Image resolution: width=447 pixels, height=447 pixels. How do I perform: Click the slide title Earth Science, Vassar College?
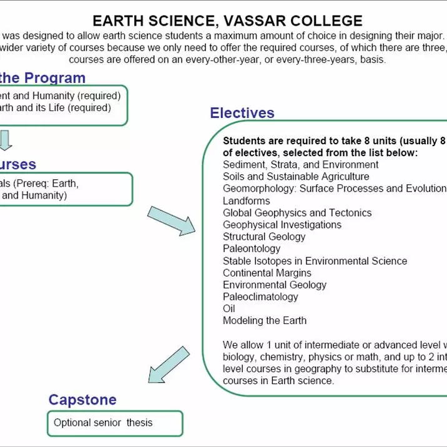[x=227, y=21]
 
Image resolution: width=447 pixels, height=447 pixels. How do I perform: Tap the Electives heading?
[x=242, y=113]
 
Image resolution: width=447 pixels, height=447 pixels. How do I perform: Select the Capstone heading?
[x=82, y=400]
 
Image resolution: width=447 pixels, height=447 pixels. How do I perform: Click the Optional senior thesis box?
[x=115, y=423]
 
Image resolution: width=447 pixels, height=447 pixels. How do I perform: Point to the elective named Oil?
[x=228, y=308]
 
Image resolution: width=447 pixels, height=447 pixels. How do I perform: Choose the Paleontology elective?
[x=252, y=248]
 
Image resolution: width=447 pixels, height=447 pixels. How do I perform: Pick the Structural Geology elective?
[x=264, y=237]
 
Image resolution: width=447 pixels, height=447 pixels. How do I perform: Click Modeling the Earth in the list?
[x=265, y=320]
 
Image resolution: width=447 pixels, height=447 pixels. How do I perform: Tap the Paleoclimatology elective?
[x=260, y=297]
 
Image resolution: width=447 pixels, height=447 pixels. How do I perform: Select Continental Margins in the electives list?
[x=267, y=273]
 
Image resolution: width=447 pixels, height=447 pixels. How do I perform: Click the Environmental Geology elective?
[x=275, y=285]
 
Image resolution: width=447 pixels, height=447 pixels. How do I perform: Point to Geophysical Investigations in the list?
[x=282, y=225]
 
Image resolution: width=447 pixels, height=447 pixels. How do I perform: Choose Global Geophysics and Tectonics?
[x=297, y=213]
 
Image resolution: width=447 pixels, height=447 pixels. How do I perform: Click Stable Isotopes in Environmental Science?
[x=315, y=261]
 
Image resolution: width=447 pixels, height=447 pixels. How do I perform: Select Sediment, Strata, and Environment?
[x=300, y=165]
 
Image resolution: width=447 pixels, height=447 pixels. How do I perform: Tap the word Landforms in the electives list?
[x=246, y=201]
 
